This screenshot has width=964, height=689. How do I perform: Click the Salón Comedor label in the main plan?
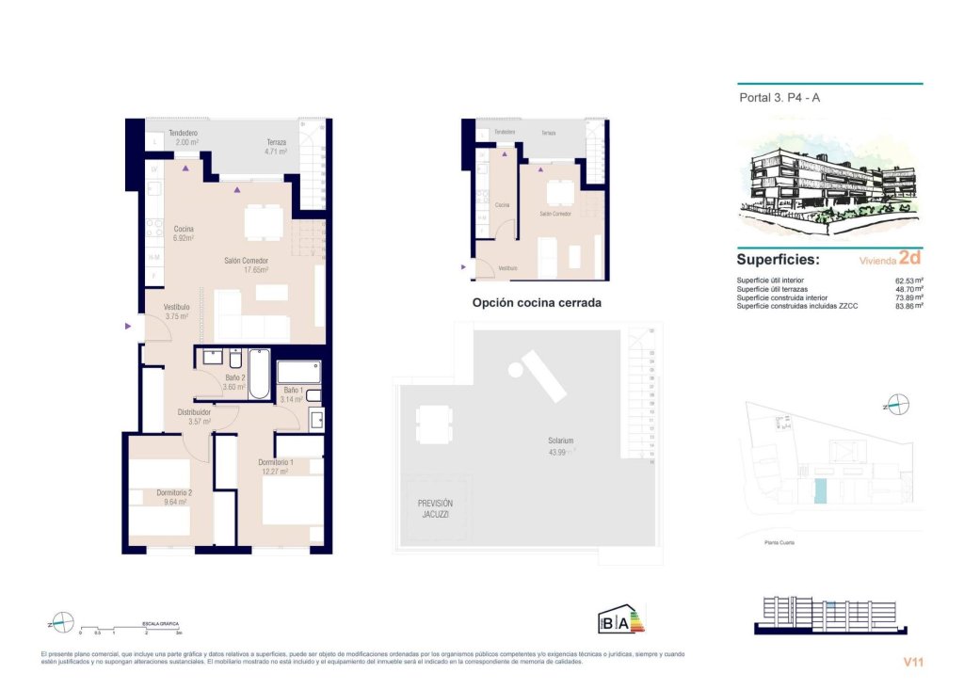[x=246, y=261]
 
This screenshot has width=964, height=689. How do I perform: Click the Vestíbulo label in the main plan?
[x=177, y=307]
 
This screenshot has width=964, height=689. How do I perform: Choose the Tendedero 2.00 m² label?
[x=183, y=137]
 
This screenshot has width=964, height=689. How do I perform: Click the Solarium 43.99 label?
[x=561, y=445]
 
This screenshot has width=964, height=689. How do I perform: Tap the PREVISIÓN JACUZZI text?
[x=435, y=509]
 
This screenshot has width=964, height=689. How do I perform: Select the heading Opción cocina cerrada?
[x=536, y=303]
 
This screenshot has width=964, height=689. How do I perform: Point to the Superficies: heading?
[x=778, y=260]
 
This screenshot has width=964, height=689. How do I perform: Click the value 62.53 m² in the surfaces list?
[x=908, y=280]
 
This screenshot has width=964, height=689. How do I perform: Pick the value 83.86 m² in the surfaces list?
[x=908, y=306]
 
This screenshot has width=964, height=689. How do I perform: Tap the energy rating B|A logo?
[x=621, y=620]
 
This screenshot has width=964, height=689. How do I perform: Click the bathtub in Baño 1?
[x=299, y=372]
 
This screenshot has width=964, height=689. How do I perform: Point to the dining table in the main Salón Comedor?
[x=263, y=223]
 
